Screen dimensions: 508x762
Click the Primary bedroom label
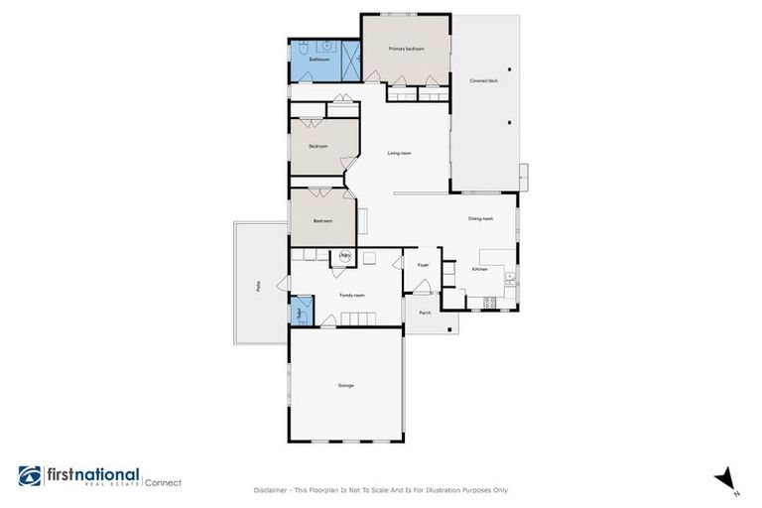coord(407,49)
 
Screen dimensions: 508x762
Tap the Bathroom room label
coord(318,60)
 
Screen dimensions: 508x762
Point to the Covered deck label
coord(483,79)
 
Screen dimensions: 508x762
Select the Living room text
coord(399,153)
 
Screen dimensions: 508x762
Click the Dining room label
coord(480,218)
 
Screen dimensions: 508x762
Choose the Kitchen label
coord(480,269)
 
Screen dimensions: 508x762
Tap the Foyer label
coord(423,265)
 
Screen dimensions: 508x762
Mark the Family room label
coord(352,295)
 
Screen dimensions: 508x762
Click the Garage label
coord(345,385)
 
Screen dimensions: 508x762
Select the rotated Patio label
coord(257,285)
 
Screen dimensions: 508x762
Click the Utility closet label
coord(344,256)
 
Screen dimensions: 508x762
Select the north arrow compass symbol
coord(724,477)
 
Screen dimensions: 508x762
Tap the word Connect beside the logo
coord(164,482)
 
